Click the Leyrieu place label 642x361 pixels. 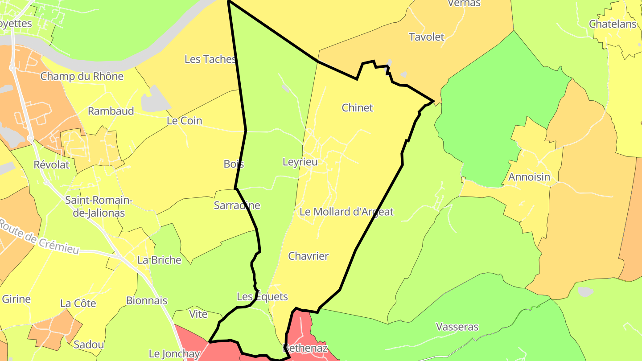(300, 162)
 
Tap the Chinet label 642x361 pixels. (357, 107)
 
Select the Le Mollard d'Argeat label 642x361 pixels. (346, 212)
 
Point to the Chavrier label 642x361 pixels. (308, 256)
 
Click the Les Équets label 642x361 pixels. (262, 296)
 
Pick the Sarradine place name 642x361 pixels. (237, 205)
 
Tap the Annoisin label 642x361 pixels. (529, 177)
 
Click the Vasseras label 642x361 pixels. (457, 327)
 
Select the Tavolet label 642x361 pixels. (427, 37)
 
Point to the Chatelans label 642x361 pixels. (613, 24)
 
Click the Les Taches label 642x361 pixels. (210, 59)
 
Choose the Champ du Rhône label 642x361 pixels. (82, 76)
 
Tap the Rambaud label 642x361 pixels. (111, 111)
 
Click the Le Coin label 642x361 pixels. (184, 121)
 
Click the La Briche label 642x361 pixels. (159, 260)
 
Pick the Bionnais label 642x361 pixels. (147, 300)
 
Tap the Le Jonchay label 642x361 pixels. (174, 354)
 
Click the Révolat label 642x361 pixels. (52, 164)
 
